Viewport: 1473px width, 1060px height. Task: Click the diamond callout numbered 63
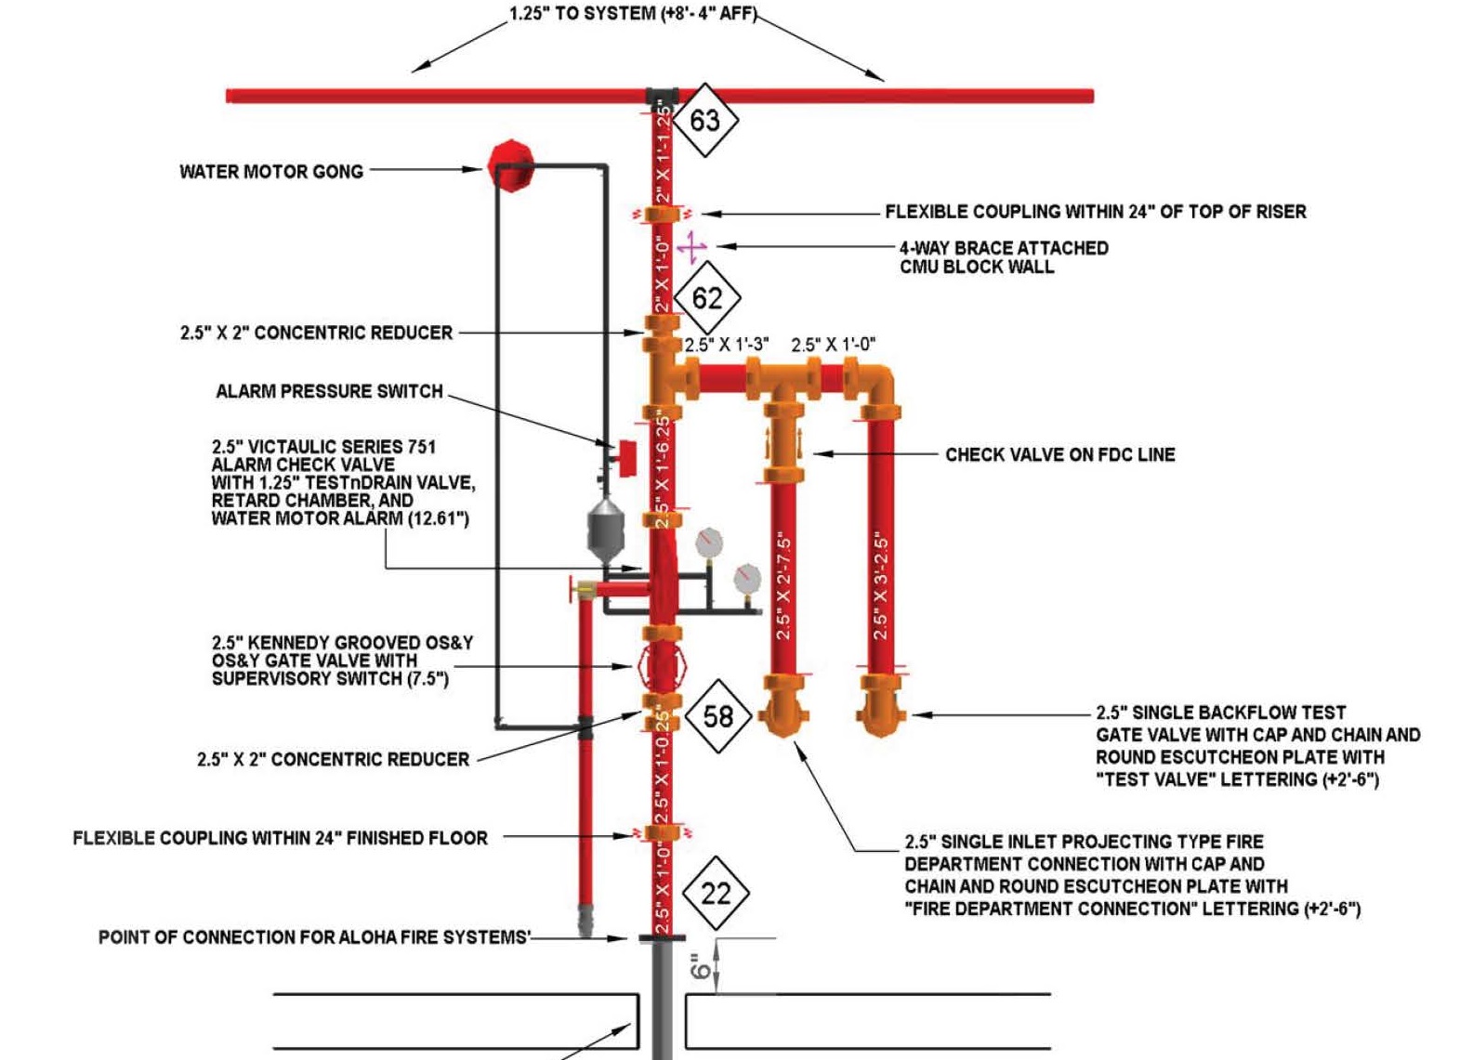pos(704,121)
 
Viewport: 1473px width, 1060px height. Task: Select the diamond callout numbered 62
pos(706,298)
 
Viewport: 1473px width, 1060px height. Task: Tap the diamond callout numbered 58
pos(717,716)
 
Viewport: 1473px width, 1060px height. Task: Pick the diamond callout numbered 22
pos(716,894)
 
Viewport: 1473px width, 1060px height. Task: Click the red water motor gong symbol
pos(510,166)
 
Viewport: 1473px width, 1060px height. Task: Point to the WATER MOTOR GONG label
pos(270,172)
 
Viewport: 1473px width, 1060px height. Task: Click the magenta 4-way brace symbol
pos(691,247)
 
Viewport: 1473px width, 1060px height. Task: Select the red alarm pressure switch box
pos(625,456)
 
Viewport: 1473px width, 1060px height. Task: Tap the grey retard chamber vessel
pos(605,530)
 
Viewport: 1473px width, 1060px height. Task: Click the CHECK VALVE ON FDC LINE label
pos(1059,455)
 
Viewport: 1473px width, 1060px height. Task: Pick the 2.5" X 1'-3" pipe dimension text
pos(727,346)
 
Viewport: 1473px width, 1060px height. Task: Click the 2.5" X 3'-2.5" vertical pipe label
pos(881,586)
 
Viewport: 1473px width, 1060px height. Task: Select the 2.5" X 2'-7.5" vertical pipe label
pos(783,586)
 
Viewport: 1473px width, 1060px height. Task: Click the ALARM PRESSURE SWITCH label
pos(329,392)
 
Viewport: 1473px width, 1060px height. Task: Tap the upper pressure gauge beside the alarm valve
pos(708,543)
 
